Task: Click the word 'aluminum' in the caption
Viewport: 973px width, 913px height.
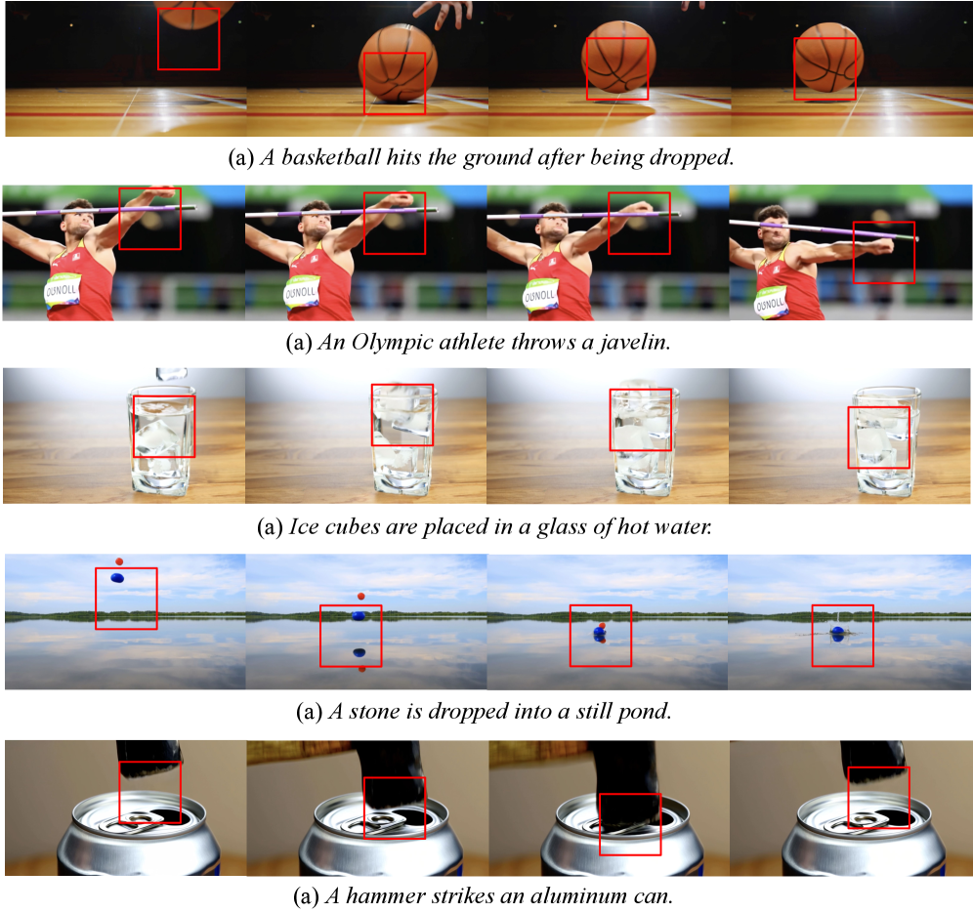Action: [x=575, y=895]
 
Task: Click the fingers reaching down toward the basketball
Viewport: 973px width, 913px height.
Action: [x=444, y=14]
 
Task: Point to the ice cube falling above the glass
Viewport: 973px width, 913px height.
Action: [x=172, y=373]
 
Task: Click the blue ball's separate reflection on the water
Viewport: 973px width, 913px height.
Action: [x=360, y=652]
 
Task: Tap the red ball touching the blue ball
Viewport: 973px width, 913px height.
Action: [x=602, y=626]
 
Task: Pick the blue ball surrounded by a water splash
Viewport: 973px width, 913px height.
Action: [x=838, y=632]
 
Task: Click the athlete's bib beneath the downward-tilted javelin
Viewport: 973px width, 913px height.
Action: [x=770, y=305]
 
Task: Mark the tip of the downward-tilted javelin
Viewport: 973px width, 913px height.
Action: [x=916, y=238]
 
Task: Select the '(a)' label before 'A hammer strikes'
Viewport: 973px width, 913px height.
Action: [x=307, y=896]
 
